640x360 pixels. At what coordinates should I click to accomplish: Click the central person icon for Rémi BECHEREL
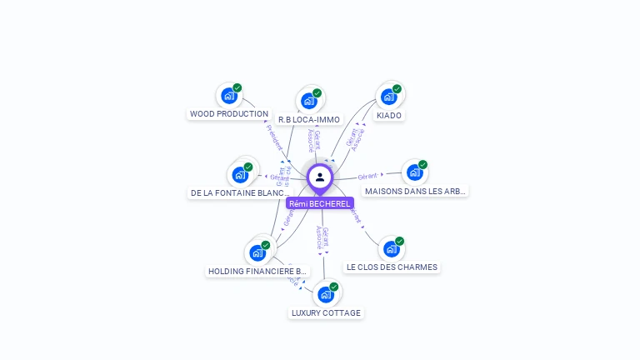[x=319, y=177]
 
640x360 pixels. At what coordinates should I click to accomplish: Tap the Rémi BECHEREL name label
[x=320, y=203]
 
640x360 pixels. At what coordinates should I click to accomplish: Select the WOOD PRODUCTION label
[x=229, y=114]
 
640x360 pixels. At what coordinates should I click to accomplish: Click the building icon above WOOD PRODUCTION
[x=228, y=96]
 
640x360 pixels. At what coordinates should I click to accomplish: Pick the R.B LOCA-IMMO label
[x=309, y=120]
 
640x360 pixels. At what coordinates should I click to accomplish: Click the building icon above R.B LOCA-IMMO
[x=309, y=102]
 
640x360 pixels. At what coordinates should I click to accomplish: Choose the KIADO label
[x=389, y=116]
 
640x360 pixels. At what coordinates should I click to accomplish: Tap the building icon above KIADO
[x=388, y=97]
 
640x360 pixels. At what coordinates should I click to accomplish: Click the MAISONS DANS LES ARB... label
[x=415, y=192]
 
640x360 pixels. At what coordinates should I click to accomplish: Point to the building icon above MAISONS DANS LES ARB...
[x=414, y=172]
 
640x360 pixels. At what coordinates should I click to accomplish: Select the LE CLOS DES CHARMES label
[x=392, y=267]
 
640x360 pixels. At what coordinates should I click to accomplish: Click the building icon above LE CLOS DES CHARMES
[x=391, y=248]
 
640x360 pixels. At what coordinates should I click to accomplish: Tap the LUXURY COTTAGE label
[x=326, y=313]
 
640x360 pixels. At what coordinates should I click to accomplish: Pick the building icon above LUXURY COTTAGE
[x=326, y=294]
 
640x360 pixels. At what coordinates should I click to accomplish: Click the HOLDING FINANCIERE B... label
[x=257, y=272]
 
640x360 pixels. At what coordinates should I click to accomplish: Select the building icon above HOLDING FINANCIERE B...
[x=257, y=252]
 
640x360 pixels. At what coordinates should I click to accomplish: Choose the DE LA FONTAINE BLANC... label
[x=240, y=193]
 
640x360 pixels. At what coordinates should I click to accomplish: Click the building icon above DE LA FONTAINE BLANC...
[x=240, y=175]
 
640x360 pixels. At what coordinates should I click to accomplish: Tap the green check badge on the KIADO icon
[x=397, y=89]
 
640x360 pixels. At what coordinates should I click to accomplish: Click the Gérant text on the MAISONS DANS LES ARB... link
[x=367, y=177]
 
